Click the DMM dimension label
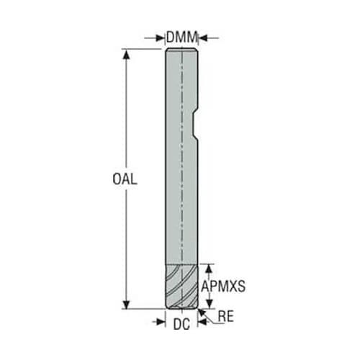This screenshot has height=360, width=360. [181, 37]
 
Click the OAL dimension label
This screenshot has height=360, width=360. [125, 179]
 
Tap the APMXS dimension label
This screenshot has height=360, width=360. [223, 286]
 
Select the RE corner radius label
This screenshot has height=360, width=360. [225, 316]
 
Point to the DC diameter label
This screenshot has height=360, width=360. [181, 324]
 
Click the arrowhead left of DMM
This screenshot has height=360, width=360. [160, 37]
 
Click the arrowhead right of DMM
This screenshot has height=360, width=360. [203, 37]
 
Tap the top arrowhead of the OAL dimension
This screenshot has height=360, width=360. [126, 54]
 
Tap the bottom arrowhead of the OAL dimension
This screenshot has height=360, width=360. [126, 304]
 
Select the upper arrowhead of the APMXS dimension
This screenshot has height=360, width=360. [210, 269]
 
